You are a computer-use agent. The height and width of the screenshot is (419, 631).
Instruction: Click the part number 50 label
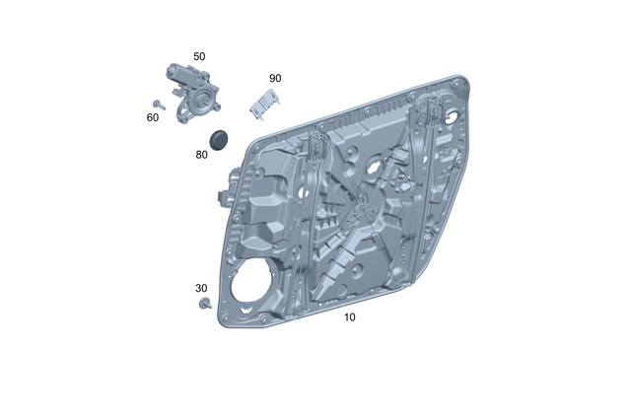click(x=199, y=57)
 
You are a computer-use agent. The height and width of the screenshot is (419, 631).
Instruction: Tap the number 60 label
click(x=153, y=117)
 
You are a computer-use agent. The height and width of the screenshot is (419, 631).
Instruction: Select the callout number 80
click(x=201, y=154)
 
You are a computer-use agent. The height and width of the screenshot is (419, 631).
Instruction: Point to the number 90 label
click(x=275, y=78)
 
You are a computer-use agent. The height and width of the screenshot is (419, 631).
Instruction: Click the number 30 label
click(x=201, y=289)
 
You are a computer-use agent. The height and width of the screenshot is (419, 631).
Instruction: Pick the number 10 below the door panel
click(x=350, y=317)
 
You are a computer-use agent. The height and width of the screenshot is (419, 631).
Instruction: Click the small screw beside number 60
click(x=158, y=104)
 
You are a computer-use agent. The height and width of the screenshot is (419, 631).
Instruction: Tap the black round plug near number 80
click(x=220, y=137)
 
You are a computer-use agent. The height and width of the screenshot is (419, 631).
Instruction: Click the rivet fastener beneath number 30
click(x=204, y=305)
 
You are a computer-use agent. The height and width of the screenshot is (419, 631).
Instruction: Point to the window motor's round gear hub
click(x=203, y=102)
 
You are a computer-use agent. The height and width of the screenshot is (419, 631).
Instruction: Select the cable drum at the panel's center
click(x=362, y=206)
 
